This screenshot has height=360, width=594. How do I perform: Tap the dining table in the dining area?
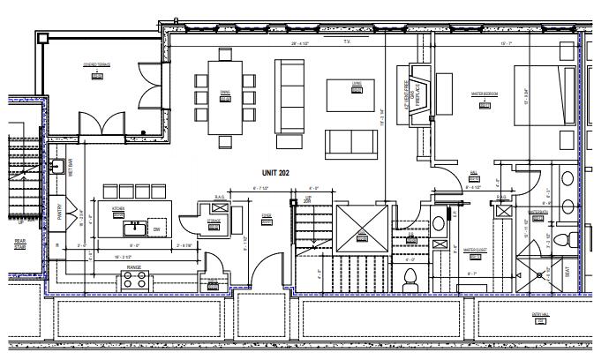point(226,96)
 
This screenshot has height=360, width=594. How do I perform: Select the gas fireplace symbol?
point(415,92)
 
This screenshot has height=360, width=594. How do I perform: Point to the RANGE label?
point(134,266)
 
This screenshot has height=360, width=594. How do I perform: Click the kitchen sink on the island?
point(134,229)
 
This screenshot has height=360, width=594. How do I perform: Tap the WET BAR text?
point(71,169)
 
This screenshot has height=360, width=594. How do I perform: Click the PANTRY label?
point(60,213)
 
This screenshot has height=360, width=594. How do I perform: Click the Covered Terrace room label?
point(96,64)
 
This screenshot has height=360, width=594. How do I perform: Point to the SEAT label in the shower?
point(566,273)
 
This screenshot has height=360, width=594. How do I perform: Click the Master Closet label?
point(476,250)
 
